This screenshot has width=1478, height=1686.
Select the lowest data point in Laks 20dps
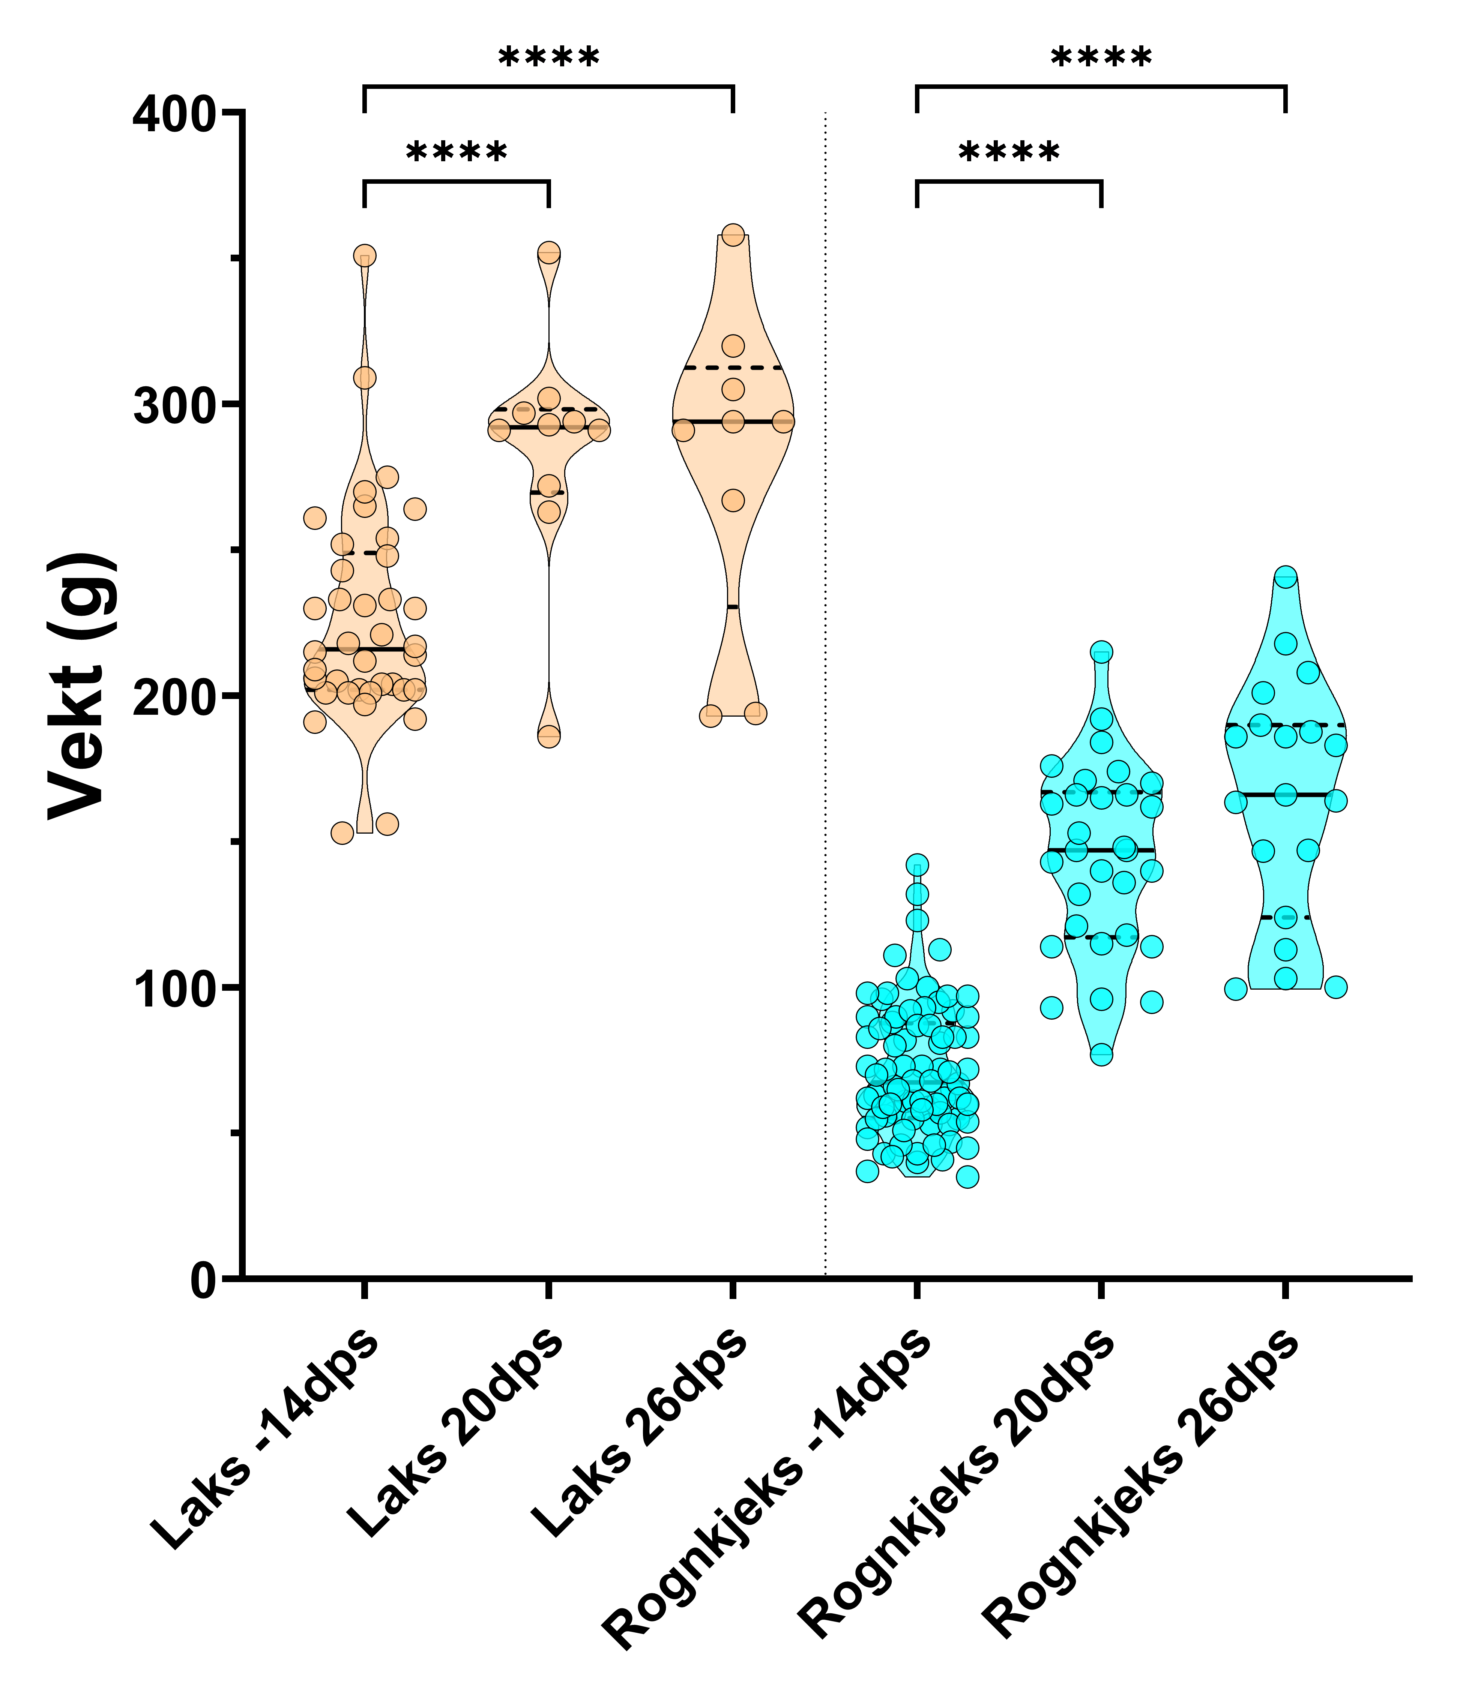549,736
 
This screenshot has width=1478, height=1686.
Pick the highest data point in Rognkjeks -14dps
917,865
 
